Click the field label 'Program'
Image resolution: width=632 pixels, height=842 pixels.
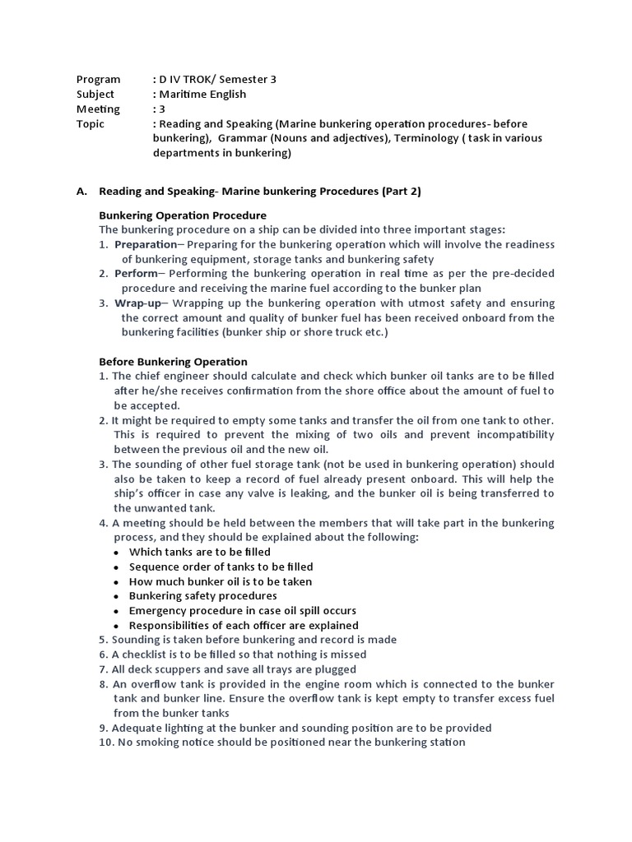98,80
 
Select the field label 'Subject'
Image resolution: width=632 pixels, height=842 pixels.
95,95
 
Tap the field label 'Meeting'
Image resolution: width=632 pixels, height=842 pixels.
98,109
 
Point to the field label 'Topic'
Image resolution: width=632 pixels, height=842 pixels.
91,124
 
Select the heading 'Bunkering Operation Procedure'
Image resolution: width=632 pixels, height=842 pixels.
182,215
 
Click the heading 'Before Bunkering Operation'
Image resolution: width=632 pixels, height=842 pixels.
173,361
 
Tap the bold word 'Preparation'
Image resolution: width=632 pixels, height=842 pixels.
145,244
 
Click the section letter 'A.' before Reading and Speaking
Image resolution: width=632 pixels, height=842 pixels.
81,191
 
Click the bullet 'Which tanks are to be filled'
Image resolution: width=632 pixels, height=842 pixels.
199,552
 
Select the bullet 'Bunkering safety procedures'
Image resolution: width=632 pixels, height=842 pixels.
202,596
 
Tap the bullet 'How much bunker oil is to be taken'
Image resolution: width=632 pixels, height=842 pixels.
220,581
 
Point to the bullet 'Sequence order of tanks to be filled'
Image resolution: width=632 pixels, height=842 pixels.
221,567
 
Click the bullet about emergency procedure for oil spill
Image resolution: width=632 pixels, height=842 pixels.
242,611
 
